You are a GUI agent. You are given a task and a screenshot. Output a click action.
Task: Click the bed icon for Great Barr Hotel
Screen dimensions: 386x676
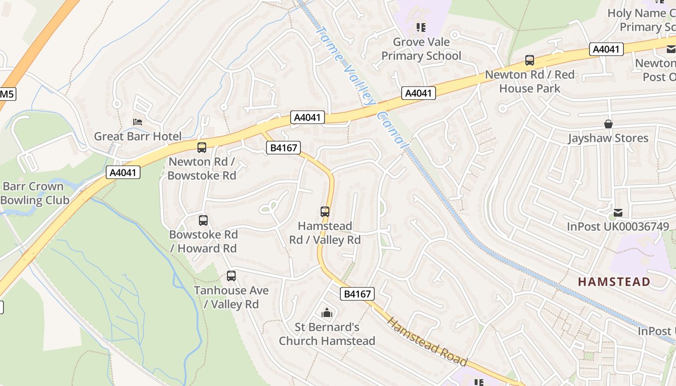point(138,122)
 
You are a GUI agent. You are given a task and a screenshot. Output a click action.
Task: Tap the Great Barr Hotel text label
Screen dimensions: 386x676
point(138,136)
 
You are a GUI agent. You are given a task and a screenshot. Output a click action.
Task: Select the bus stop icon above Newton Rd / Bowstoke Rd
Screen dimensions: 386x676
point(202,148)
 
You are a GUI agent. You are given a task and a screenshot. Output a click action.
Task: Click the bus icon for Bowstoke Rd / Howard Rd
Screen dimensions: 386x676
point(203,221)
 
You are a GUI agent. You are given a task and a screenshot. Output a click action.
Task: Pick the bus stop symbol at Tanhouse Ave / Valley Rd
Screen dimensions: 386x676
point(231,276)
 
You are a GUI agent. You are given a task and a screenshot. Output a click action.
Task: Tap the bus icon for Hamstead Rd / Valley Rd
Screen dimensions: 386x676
point(325,211)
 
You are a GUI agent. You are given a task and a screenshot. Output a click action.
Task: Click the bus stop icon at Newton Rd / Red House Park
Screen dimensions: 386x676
point(530,60)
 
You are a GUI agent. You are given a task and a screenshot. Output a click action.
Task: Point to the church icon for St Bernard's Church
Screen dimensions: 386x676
point(327,313)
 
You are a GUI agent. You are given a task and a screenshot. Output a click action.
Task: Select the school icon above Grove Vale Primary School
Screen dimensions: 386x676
point(421,28)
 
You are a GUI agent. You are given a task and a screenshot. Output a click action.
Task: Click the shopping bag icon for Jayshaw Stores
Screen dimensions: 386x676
point(608,124)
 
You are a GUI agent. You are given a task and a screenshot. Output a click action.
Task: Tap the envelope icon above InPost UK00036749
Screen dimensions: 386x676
point(618,212)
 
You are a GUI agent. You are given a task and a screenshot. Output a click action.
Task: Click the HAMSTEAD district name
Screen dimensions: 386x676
point(614,281)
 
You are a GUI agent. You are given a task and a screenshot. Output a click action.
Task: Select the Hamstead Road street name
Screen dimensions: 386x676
point(427,342)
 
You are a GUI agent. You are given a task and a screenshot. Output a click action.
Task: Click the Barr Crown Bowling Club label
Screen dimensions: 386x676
point(33,193)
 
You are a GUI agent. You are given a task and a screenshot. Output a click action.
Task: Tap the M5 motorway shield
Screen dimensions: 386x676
point(7,94)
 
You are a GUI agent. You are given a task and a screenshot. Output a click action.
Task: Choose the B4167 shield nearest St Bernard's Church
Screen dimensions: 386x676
point(357,294)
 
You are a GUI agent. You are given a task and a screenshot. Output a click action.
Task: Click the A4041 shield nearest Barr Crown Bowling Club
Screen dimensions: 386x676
point(123,172)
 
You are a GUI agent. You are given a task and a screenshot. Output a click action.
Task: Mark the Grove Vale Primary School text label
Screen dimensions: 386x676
point(421,49)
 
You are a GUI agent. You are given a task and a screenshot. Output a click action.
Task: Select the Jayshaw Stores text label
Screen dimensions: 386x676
point(608,138)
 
